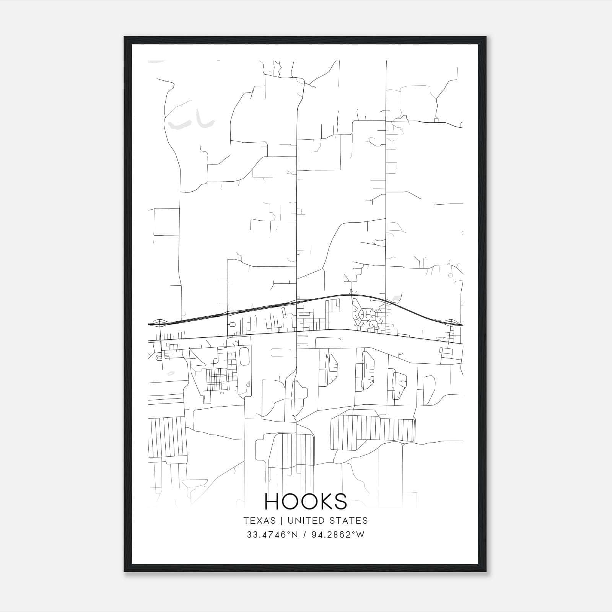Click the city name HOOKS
(306, 501)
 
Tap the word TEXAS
(259, 521)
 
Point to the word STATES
(350, 521)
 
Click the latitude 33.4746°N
(272, 535)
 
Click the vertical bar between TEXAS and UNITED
(281, 521)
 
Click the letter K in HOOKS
(323, 501)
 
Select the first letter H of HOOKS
(272, 501)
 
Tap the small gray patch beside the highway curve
(396, 298)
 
